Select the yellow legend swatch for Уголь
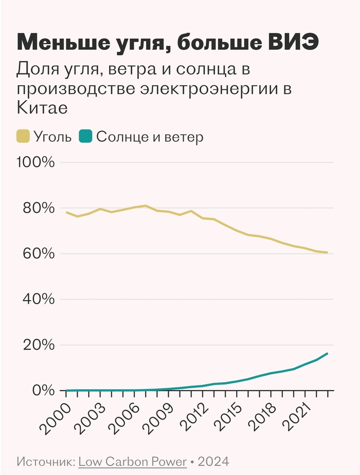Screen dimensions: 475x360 click(23, 137)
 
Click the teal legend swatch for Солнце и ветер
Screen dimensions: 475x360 click(85, 137)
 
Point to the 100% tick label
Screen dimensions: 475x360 click(35, 162)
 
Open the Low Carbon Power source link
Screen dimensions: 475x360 click(132, 461)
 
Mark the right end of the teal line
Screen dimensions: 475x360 click(327, 354)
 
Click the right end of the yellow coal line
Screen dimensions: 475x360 click(327, 252)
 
